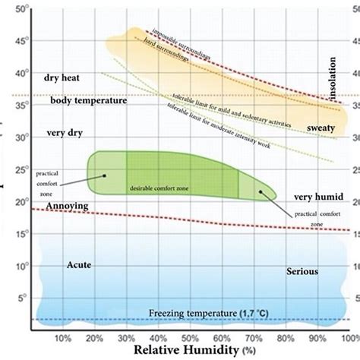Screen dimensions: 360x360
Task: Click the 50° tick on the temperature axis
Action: [x=22, y=10]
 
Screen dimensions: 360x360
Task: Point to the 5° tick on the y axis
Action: [x=24, y=298]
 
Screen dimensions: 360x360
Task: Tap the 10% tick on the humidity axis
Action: [x=63, y=337]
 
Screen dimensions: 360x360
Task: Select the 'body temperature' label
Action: [x=89, y=99]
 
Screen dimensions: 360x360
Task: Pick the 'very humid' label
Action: [x=318, y=197]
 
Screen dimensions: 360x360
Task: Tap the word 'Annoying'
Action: [x=67, y=205]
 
